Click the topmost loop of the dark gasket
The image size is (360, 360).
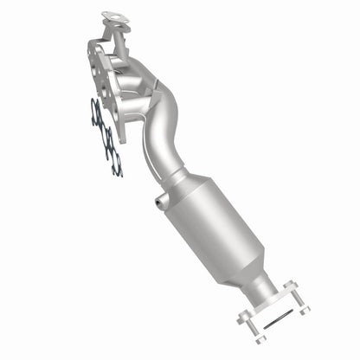97,108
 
